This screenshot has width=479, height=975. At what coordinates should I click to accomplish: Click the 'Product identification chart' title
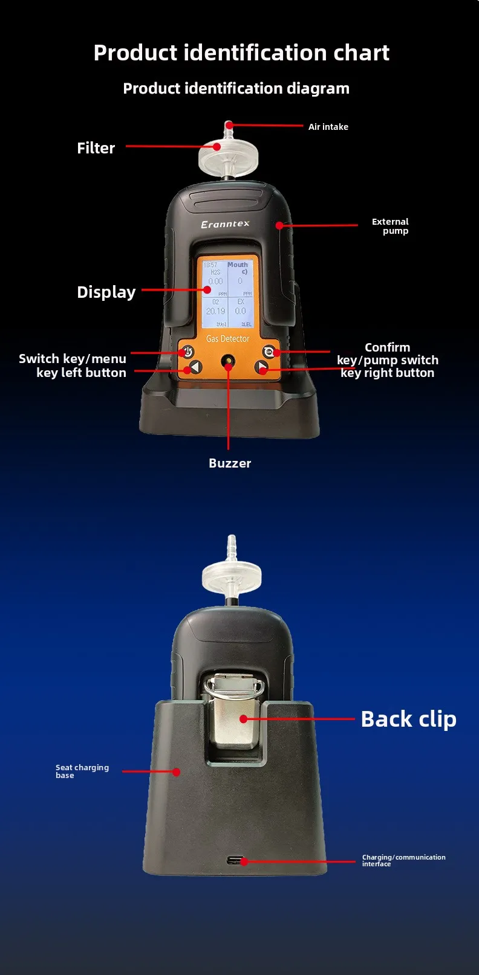point(241,53)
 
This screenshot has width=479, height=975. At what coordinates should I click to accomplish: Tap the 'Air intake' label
point(328,127)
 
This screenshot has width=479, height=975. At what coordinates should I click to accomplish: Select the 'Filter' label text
point(96,148)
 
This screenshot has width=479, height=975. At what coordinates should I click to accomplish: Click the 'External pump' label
point(390,226)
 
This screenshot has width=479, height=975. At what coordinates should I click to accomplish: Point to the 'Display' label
point(106,292)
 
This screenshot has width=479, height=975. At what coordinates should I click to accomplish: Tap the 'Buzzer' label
point(229,463)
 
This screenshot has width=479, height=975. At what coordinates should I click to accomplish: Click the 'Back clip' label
point(408,719)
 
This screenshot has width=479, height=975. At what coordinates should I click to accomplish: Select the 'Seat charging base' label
point(82,771)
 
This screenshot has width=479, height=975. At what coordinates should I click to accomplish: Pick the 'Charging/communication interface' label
point(403,860)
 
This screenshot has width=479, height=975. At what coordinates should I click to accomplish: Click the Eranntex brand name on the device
point(225,224)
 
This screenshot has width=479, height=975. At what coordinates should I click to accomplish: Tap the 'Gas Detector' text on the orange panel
point(227,339)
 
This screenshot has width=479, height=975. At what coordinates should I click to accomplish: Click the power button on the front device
point(187,352)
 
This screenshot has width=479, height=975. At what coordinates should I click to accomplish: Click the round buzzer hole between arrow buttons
point(228,364)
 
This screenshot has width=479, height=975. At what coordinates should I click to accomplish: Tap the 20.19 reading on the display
point(215,311)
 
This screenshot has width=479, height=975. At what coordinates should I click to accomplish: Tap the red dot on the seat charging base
point(176,772)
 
